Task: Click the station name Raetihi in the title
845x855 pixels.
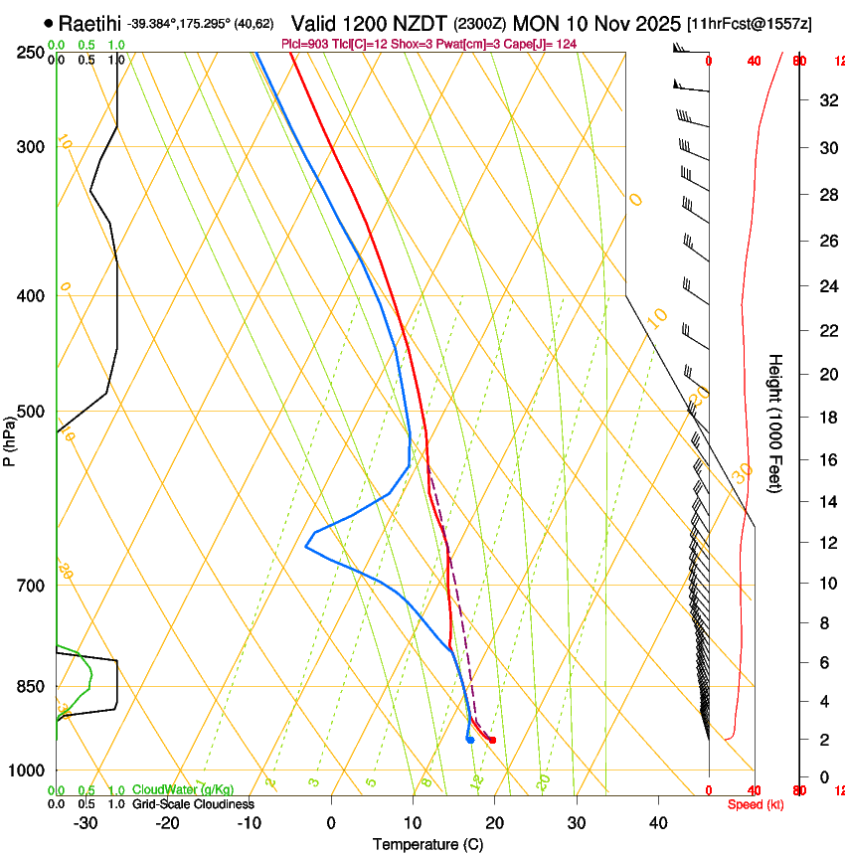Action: point(90,23)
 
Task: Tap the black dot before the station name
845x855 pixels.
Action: point(49,23)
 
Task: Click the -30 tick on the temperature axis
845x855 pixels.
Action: point(85,823)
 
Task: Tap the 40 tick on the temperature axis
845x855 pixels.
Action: point(657,823)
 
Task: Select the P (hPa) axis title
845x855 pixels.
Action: point(10,437)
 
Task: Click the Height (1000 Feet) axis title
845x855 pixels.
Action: point(775,423)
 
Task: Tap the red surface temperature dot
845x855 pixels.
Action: point(492,740)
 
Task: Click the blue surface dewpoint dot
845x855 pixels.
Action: point(469,739)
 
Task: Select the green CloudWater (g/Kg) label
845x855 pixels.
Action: point(184,789)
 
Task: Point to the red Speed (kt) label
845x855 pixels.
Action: point(756,804)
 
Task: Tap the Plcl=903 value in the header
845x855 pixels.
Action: point(304,44)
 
